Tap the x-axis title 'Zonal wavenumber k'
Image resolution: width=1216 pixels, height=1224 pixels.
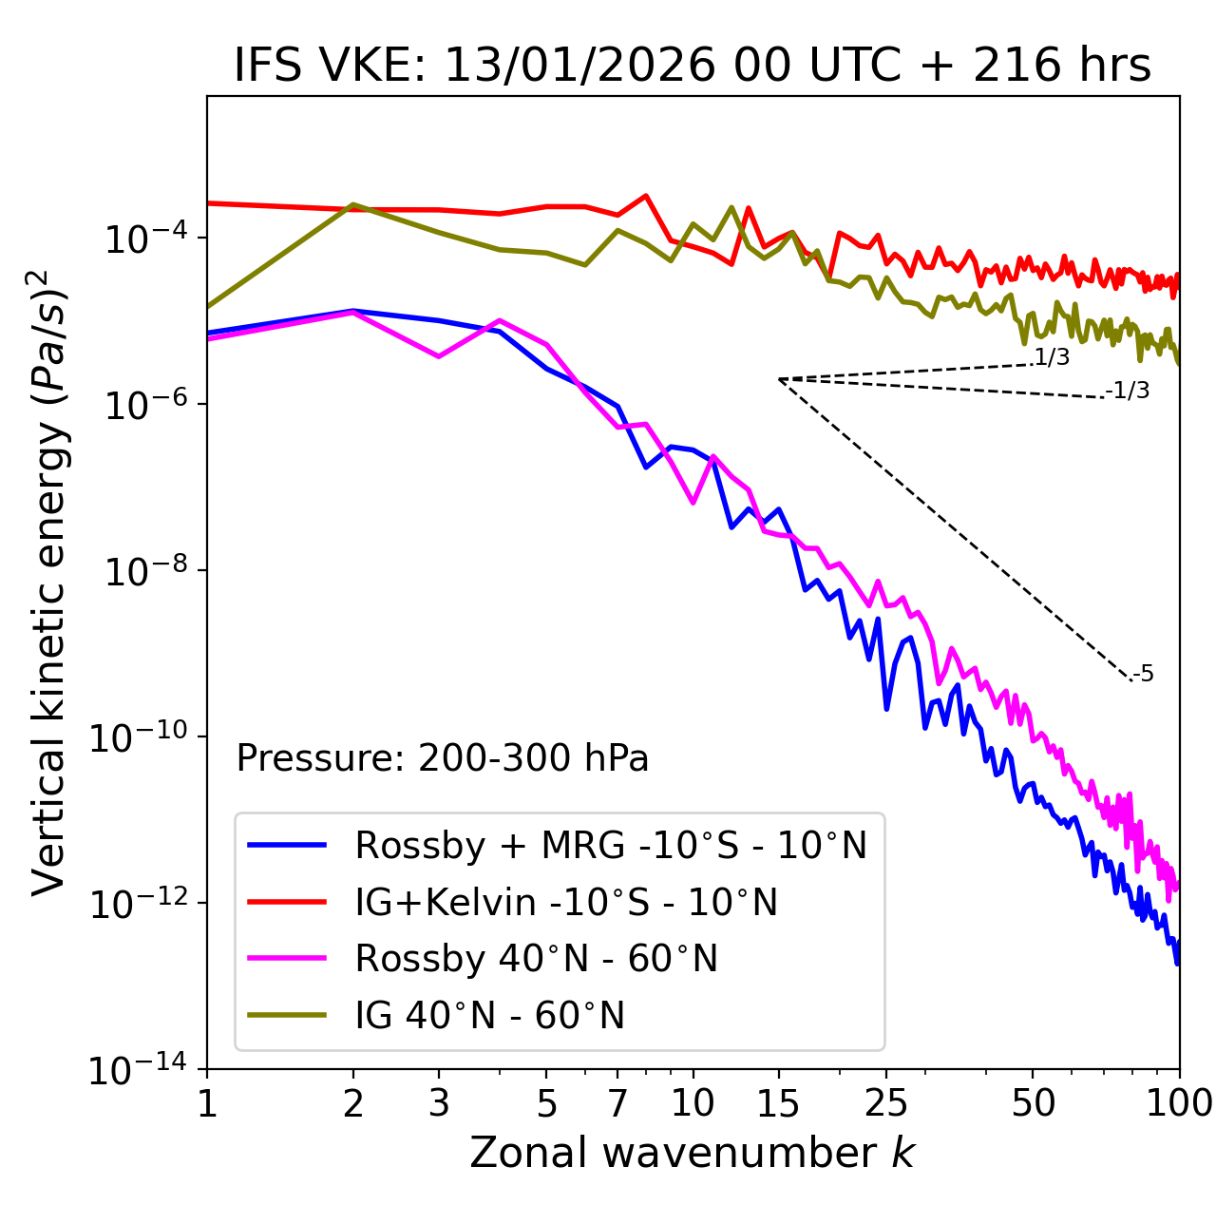click(x=693, y=1153)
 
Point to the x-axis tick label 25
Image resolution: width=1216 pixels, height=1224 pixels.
click(x=885, y=1103)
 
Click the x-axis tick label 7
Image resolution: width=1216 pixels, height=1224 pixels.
click(x=617, y=1103)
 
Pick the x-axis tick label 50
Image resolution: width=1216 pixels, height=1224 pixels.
click(x=1033, y=1103)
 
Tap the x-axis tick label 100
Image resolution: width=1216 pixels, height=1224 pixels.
click(x=1179, y=1103)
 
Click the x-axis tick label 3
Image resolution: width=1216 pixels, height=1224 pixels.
click(x=439, y=1103)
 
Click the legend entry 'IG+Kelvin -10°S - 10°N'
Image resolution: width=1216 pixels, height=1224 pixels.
click(x=566, y=902)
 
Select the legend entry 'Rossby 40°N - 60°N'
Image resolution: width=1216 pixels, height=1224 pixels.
click(x=536, y=959)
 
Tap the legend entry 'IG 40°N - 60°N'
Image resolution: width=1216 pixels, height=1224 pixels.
click(x=489, y=1016)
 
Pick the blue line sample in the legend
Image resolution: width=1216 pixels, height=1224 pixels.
click(x=287, y=845)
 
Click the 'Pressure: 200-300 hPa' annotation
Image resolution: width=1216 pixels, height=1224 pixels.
click(x=442, y=758)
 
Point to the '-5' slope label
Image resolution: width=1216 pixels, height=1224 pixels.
click(x=1143, y=674)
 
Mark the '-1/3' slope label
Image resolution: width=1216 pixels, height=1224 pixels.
click(x=1128, y=391)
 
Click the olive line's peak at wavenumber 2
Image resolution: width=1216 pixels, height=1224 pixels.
click(x=353, y=205)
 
